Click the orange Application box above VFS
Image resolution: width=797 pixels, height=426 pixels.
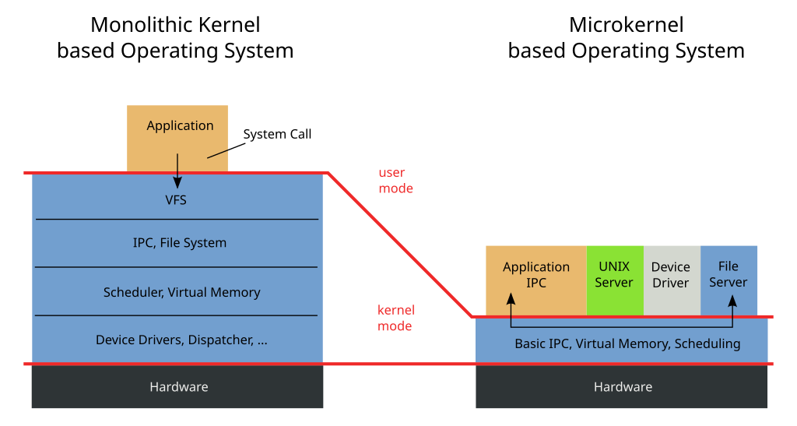point(177,137)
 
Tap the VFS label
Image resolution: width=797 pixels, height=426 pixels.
point(176,200)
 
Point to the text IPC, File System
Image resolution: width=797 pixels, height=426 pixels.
point(180,243)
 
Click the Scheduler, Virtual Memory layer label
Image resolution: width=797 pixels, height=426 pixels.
point(181,293)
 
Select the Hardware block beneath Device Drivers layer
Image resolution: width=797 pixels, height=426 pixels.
point(177,386)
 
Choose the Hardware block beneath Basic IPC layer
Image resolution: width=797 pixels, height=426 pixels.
point(622,386)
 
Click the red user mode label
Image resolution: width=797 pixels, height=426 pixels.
point(395,181)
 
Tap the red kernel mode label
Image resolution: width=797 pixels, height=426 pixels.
point(395,318)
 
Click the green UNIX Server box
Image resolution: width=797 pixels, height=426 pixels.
point(614,279)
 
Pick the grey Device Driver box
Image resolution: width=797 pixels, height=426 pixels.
point(671,279)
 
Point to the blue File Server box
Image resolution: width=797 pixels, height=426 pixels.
point(729,279)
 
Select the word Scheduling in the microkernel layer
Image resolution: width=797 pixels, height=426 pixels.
point(707,343)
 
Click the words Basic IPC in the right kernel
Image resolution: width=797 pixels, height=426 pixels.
point(541,343)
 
